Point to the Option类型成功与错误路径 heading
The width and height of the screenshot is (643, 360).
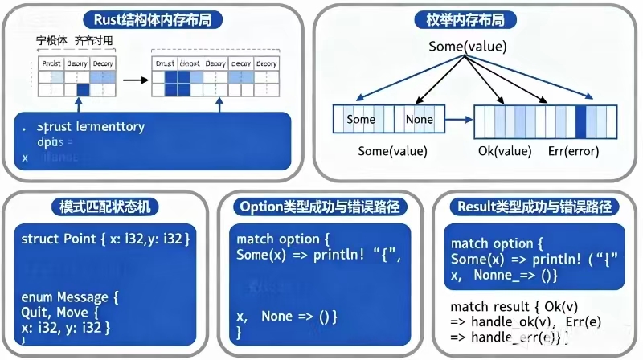[321, 206]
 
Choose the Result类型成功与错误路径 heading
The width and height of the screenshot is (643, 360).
[534, 206]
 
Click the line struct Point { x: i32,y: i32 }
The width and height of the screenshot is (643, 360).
[104, 239]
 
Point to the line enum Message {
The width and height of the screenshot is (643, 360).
[70, 297]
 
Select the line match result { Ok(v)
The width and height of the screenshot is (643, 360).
[514, 306]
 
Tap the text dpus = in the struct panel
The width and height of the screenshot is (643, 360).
[55, 142]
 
